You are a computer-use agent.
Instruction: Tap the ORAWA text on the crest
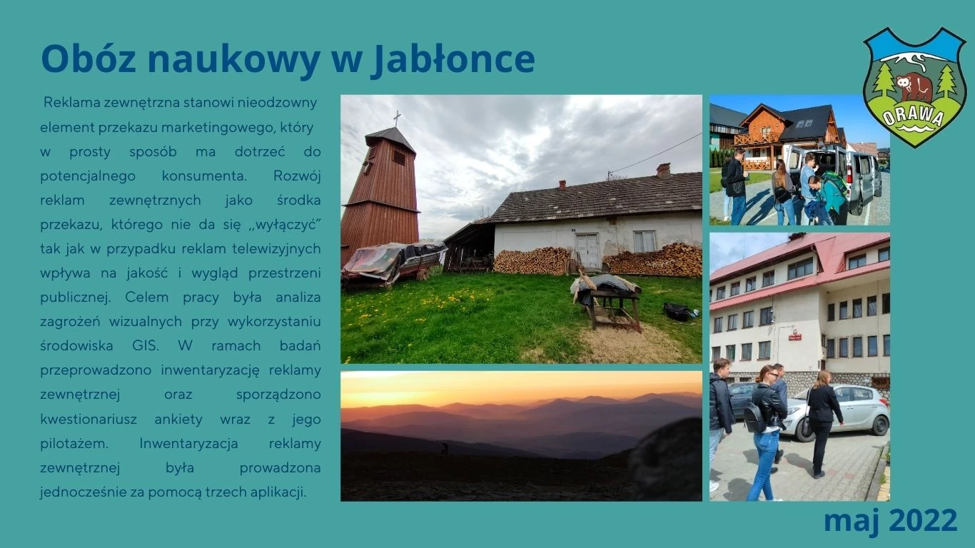point(913,116)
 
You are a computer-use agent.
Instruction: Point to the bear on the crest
point(914,86)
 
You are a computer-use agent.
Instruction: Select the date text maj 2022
point(890,520)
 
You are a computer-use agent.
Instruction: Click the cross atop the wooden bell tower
point(397,118)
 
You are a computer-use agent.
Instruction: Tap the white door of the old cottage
point(587,251)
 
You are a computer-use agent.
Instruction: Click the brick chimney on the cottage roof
point(663,171)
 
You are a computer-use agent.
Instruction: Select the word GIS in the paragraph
point(146,346)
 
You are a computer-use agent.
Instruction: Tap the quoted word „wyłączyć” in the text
point(285,225)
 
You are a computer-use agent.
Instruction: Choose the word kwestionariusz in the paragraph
point(89,420)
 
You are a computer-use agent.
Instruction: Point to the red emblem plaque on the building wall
point(795,335)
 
